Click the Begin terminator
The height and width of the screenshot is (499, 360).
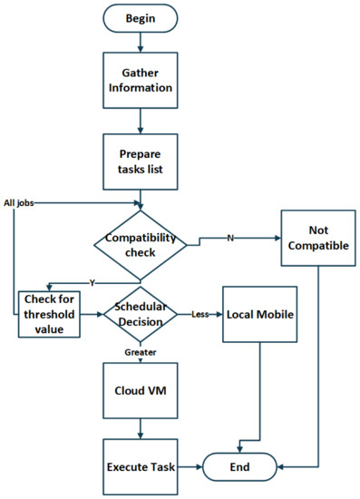click(x=140, y=18)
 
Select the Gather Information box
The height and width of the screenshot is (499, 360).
click(x=140, y=82)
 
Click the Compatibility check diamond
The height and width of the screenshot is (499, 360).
click(x=140, y=242)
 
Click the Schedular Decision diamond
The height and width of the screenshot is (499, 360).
click(x=140, y=314)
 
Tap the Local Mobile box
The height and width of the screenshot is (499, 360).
click(x=260, y=315)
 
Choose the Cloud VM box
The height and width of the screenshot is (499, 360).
click(x=140, y=393)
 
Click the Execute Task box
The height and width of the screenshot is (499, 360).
click(x=140, y=466)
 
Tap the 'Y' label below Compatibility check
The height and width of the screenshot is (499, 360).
click(x=91, y=280)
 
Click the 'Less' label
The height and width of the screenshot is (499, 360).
click(x=201, y=314)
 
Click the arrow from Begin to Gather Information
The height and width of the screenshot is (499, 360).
click(x=140, y=42)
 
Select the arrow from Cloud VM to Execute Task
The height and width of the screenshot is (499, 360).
click(x=140, y=430)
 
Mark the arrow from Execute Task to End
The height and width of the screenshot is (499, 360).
click(x=190, y=466)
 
